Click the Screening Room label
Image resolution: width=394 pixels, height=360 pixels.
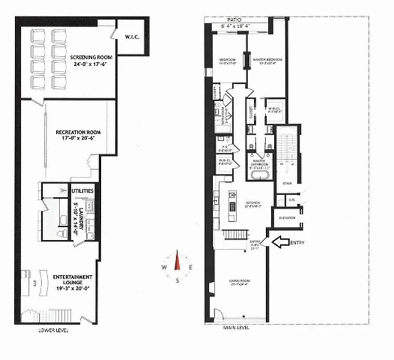click(x=91, y=58)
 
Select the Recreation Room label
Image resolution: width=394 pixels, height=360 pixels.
click(x=78, y=132)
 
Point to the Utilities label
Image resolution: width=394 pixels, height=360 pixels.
click(x=83, y=191)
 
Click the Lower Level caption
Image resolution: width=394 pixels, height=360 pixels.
click(x=54, y=330)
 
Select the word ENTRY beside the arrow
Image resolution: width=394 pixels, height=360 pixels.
click(x=298, y=243)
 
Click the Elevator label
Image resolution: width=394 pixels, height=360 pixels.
click(x=287, y=217)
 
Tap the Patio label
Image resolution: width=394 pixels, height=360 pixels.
click(x=234, y=20)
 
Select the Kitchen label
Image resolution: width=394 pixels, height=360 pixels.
click(x=250, y=202)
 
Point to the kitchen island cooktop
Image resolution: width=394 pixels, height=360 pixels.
click(x=233, y=207)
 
